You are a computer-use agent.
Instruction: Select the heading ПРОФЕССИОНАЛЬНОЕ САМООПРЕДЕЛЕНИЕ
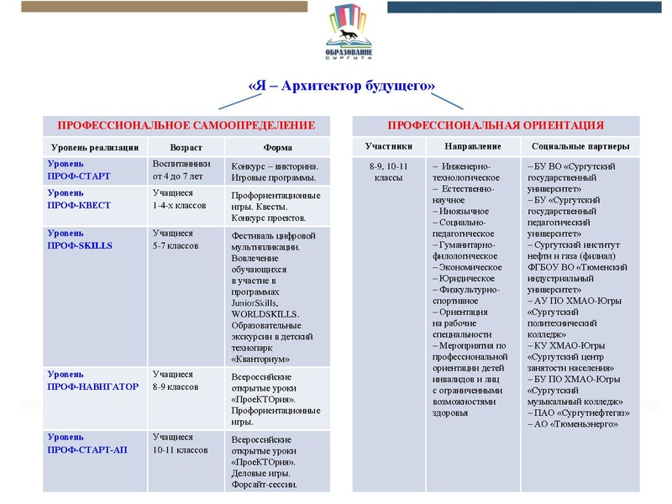pos(186,125)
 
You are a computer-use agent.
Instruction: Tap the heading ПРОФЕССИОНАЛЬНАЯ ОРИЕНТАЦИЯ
pos(495,125)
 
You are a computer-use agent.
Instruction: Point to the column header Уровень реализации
pos(92,147)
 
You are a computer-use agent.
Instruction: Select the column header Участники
pos(388,147)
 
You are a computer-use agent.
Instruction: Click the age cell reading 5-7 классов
pos(175,246)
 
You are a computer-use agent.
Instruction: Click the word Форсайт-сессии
pos(264,484)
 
